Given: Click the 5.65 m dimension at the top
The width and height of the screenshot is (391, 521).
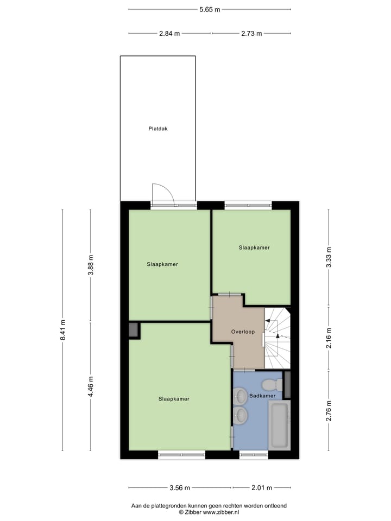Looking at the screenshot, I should click(210, 9).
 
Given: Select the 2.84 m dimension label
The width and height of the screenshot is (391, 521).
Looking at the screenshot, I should click(169, 34).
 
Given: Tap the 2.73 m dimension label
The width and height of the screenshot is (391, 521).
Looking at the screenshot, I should click(251, 34).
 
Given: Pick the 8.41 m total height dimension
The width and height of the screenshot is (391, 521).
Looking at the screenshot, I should click(63, 330).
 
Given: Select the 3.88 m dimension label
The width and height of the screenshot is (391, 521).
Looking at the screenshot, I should click(91, 265).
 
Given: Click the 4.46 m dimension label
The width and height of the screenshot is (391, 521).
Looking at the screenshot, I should click(91, 386).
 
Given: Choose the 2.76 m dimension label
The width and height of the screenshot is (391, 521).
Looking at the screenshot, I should click(329, 410).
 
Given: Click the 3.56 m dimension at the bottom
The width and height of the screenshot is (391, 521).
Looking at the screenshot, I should click(180, 487).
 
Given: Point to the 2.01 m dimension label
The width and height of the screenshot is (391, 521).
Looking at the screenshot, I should click(261, 487).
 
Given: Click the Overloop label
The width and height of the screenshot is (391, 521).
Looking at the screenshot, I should click(242, 331).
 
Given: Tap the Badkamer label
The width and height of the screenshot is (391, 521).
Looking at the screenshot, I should click(262, 396).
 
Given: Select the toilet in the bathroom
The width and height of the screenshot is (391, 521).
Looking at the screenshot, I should click(271, 385).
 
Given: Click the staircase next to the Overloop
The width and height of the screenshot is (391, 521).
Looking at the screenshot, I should click(278, 336).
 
